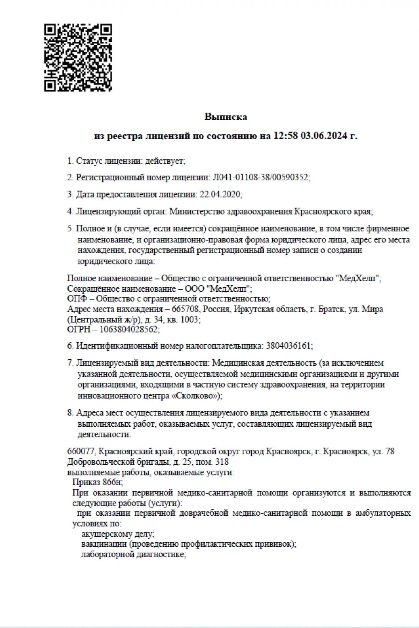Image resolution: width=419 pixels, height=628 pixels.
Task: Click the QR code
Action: point(78,58)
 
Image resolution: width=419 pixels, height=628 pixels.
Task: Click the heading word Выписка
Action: point(226,117)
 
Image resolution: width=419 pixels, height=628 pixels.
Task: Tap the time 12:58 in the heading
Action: point(286,136)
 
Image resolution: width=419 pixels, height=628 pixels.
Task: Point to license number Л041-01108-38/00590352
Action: point(260,178)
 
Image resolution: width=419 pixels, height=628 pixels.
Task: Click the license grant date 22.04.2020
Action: point(220,194)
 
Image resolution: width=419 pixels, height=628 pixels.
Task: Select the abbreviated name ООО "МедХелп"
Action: point(223,289)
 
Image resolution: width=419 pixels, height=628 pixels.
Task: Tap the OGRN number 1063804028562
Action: point(129,329)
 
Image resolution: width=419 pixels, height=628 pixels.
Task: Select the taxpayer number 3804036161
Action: point(288,346)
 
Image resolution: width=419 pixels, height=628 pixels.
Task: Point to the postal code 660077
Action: point(81,451)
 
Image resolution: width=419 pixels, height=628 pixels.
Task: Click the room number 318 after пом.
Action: point(222,462)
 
